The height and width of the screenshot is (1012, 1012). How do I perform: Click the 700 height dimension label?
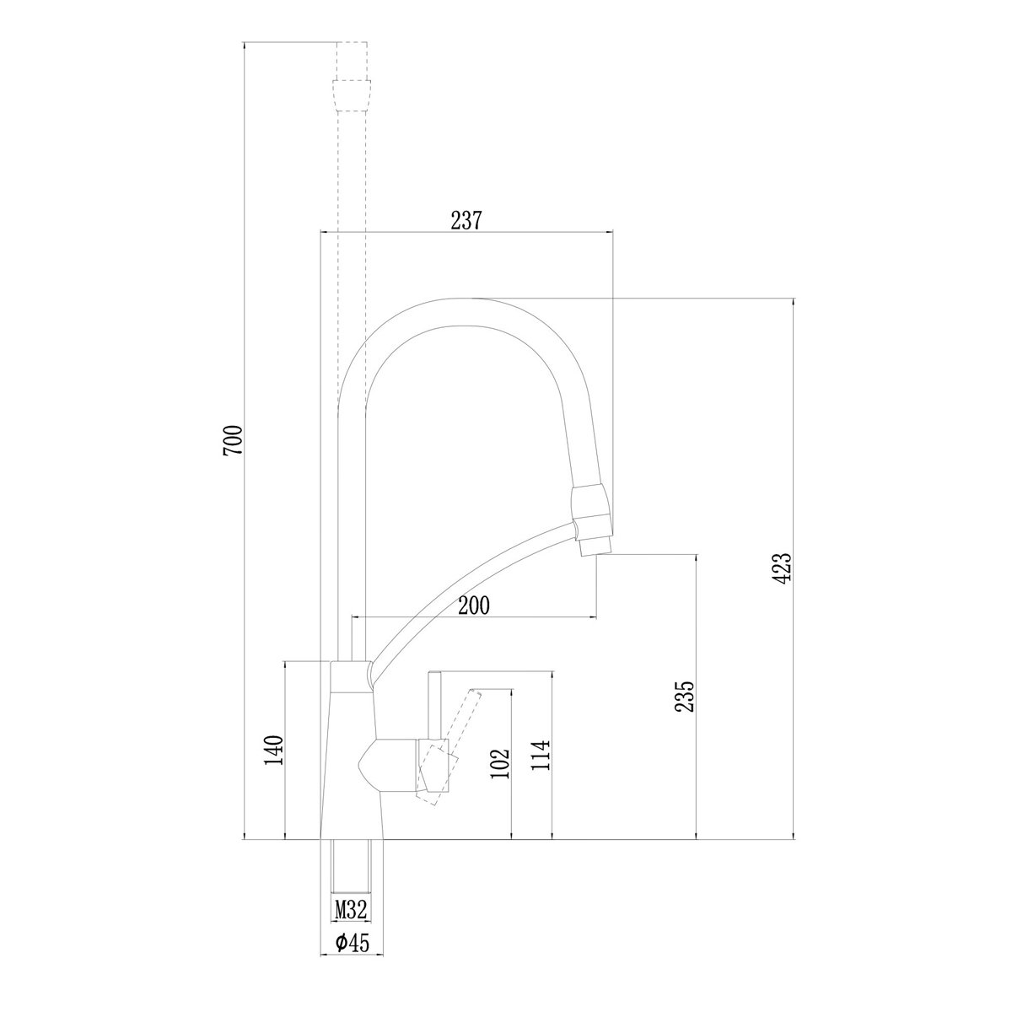pos(233,439)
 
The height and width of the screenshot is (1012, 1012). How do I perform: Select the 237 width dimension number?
pos(466,221)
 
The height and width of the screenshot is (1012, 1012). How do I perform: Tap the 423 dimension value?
pos(783,568)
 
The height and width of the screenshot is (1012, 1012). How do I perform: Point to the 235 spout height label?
pos(686,697)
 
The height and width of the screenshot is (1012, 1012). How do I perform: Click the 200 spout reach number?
pos(473,606)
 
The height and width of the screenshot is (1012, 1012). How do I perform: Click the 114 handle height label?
pos(541,755)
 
